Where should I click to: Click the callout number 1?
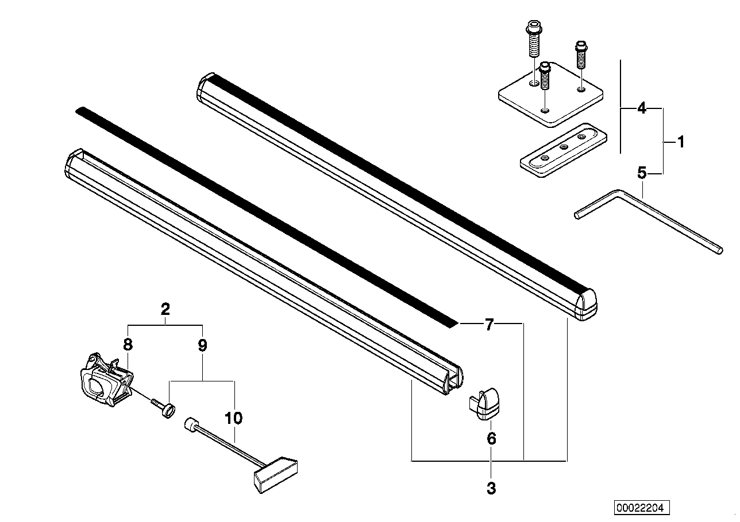[x=681, y=142]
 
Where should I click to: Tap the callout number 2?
[x=165, y=309]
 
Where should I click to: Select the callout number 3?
[x=491, y=488]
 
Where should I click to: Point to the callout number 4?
[x=642, y=108]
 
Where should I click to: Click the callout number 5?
[x=642, y=173]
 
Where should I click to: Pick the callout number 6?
[x=491, y=439]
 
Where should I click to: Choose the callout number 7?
[x=490, y=325]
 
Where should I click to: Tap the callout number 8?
[x=128, y=345]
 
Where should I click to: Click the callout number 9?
[x=202, y=345]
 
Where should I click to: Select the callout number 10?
[x=234, y=418]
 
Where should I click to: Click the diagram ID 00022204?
[x=642, y=508]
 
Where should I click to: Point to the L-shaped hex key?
[x=649, y=221]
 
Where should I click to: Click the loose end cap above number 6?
[x=484, y=404]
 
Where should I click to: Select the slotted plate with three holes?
[x=564, y=150]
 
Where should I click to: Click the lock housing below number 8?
[x=106, y=379]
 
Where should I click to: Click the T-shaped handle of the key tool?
[x=276, y=475]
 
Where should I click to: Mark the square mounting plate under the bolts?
[x=551, y=95]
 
